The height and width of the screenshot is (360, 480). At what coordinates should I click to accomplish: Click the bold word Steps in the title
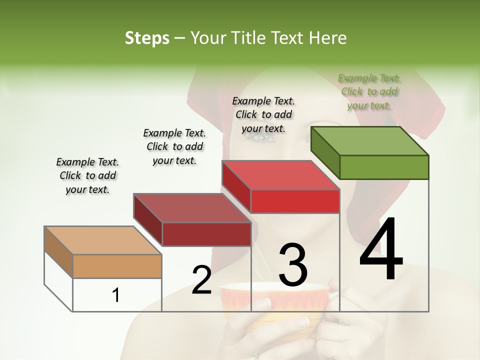[147, 38]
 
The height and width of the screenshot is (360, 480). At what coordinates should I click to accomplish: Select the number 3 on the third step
[293, 265]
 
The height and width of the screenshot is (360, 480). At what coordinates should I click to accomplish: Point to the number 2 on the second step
[202, 280]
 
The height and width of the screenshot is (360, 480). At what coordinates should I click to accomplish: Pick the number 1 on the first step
[116, 295]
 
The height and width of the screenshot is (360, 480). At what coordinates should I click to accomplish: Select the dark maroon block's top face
[192, 208]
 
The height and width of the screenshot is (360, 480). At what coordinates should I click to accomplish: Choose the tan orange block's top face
[103, 240]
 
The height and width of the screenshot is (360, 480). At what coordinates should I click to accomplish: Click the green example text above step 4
[369, 91]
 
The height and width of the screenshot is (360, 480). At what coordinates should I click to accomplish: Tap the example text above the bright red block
[263, 114]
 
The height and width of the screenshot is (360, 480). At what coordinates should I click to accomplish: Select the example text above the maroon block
[174, 146]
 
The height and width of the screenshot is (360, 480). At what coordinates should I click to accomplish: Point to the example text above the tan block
[87, 175]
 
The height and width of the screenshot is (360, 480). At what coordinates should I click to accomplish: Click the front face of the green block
[384, 167]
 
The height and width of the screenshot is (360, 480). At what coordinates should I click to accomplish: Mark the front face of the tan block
[117, 266]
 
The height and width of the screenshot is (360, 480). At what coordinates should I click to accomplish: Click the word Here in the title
[329, 38]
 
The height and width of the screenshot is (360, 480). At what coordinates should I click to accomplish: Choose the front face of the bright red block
[295, 201]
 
